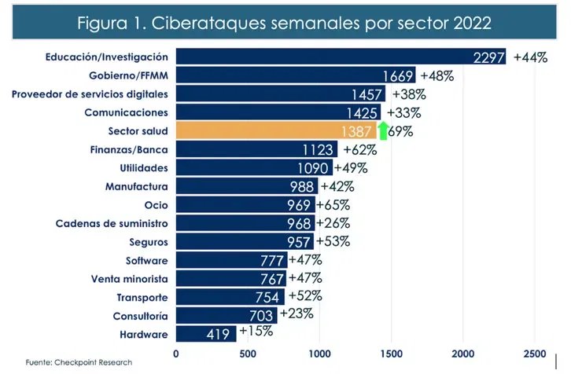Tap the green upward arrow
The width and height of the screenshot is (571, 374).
pyautogui.click(x=383, y=130)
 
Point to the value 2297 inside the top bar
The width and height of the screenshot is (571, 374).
pyautogui.click(x=489, y=58)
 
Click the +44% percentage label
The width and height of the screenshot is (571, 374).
pyautogui.click(x=530, y=57)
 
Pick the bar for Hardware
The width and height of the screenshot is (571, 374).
pyautogui.click(x=204, y=334)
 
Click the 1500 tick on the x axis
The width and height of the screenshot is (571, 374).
pyautogui.click(x=391, y=353)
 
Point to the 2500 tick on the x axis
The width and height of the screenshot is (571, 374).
pyautogui.click(x=535, y=353)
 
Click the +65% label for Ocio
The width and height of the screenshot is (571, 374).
pyautogui.click(x=333, y=204)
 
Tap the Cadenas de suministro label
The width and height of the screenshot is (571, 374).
pyautogui.click(x=112, y=223)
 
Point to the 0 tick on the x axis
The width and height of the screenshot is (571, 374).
pyautogui.click(x=176, y=353)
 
